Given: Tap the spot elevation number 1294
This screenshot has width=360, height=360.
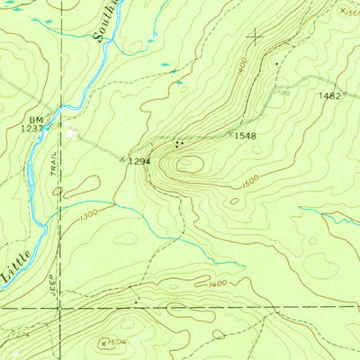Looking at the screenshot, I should pos(137,162).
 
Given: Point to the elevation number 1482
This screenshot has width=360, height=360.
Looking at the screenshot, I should pos(328,95).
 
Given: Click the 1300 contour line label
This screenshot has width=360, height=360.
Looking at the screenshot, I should pos(88,215).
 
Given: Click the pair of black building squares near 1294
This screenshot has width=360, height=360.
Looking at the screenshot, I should pos(179,143).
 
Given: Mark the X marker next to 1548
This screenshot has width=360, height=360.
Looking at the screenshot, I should pos(227,135).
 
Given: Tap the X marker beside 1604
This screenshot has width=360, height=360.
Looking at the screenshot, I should pos(102,342).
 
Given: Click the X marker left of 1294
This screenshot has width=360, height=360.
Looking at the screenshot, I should pos(123,159).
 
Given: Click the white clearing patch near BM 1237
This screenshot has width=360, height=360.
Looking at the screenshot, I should pos(71,134).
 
